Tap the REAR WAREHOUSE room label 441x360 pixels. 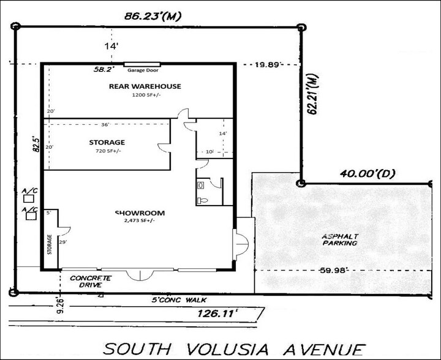click(x=145, y=86)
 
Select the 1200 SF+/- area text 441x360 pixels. click(x=145, y=96)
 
